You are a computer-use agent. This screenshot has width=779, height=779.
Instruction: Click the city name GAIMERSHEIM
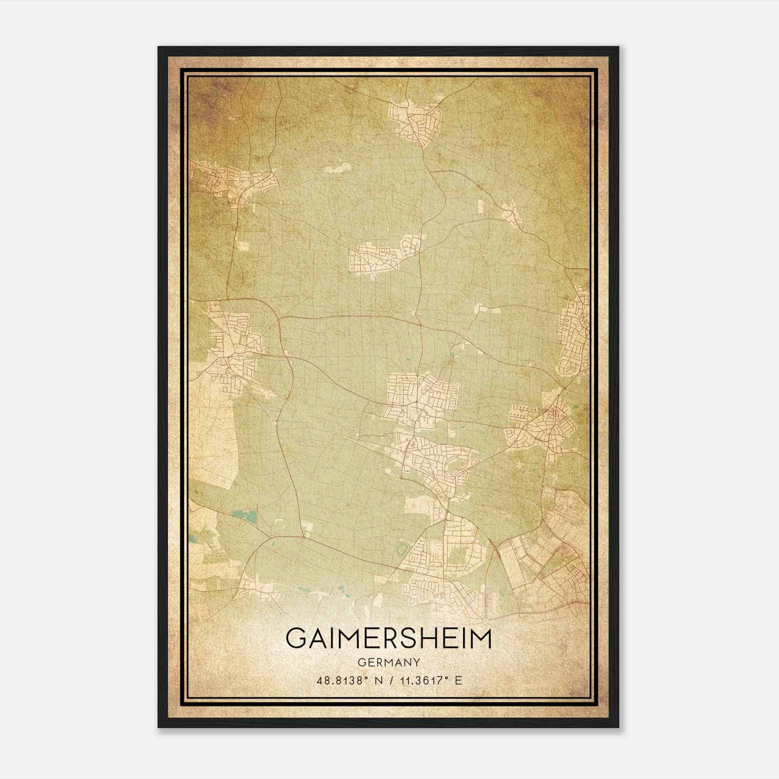[389, 638]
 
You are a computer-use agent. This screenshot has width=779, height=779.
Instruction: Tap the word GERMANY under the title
[389, 662]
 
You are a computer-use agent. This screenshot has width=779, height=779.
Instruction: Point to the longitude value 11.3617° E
[430, 681]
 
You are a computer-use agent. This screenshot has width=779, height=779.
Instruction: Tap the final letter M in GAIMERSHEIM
[481, 638]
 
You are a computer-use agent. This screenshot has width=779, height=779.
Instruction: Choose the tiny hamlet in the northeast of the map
[511, 213]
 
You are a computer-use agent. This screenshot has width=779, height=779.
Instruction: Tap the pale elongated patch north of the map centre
[337, 168]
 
